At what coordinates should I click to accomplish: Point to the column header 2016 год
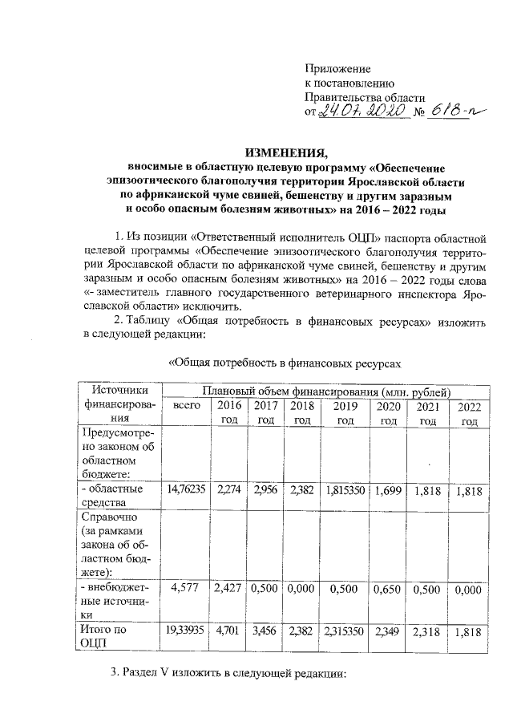click(230, 414)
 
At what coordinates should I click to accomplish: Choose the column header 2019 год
click(345, 414)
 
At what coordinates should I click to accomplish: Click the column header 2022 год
click(469, 415)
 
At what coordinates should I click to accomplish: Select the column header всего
click(186, 408)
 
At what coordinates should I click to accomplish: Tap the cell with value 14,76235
click(186, 489)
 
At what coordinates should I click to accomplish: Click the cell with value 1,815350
click(345, 489)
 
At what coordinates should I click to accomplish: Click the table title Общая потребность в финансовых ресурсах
click(283, 363)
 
